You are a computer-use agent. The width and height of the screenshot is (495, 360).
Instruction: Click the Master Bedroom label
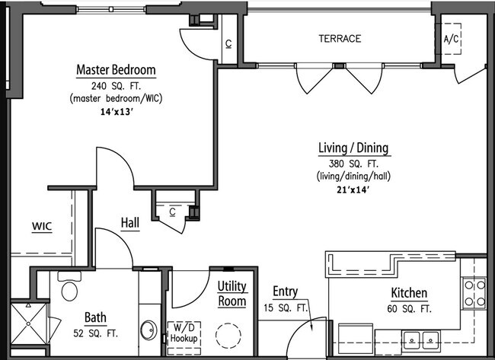pos(117,70)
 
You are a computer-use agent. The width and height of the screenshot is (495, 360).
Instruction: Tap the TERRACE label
pos(340,39)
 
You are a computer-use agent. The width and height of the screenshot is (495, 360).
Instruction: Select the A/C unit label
pos(451,39)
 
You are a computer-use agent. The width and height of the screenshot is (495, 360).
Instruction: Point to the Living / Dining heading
pos(353,148)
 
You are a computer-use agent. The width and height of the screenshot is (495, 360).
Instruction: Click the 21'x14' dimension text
pos(353,190)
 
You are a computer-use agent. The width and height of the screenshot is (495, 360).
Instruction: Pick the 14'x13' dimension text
pos(116,112)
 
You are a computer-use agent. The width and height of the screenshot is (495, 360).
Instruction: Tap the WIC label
pos(42,226)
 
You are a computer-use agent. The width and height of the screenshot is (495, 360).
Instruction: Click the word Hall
pos(130,223)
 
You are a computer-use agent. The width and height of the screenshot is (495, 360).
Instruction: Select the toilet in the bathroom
pos(69,286)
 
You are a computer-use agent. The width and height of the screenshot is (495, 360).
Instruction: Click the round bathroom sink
pos(148,330)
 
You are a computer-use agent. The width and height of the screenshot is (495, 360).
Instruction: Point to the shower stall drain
pos(28,323)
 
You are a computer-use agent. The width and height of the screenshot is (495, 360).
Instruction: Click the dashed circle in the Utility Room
pos(228,336)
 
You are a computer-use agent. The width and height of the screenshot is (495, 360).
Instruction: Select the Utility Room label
pos(232,294)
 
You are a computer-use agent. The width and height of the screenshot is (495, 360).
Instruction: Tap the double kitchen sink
pos(421,340)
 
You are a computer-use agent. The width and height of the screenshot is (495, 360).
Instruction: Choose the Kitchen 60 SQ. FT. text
pos(409,300)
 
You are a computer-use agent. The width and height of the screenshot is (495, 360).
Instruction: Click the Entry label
pos(285,292)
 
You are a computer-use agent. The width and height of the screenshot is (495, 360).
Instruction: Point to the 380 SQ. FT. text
pos(353,164)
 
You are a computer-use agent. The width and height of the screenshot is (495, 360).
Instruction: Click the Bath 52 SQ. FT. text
pos(95,325)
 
